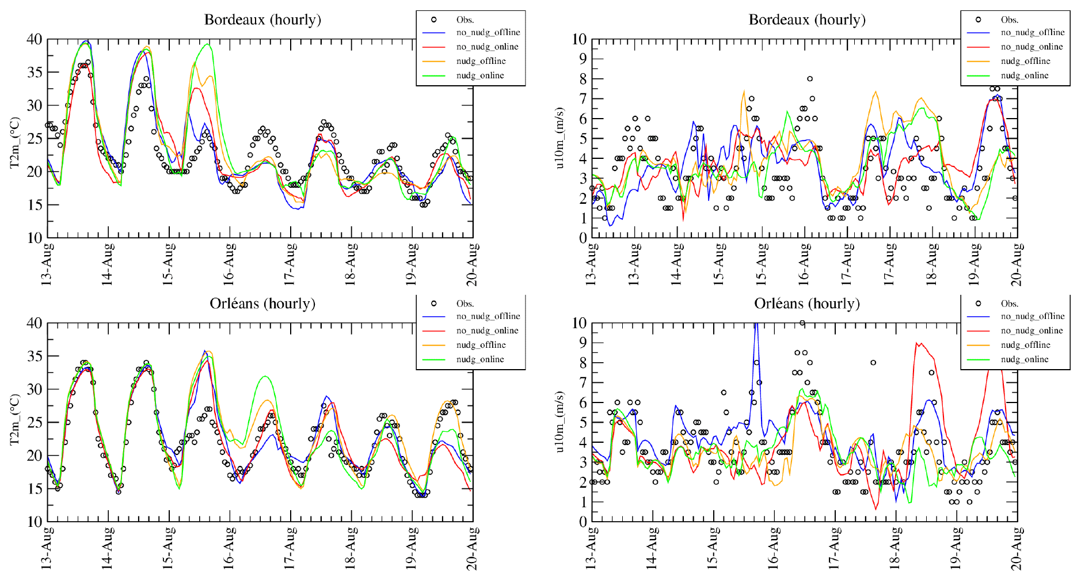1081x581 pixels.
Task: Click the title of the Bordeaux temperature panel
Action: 262,20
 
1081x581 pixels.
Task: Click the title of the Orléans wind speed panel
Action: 806,303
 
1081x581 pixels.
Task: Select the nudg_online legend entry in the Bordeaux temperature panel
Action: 479,75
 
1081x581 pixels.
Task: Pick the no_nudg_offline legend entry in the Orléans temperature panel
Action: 488,316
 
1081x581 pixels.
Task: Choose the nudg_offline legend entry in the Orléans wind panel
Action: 1025,345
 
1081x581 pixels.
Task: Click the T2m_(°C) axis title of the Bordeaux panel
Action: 15,143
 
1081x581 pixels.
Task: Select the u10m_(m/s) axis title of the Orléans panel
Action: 559,422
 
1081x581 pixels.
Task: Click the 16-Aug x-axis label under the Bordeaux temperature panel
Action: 229,264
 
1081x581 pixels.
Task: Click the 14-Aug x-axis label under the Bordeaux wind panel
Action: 677,264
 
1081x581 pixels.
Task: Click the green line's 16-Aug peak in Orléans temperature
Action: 265,376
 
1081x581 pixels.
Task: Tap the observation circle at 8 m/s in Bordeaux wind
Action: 810,79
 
